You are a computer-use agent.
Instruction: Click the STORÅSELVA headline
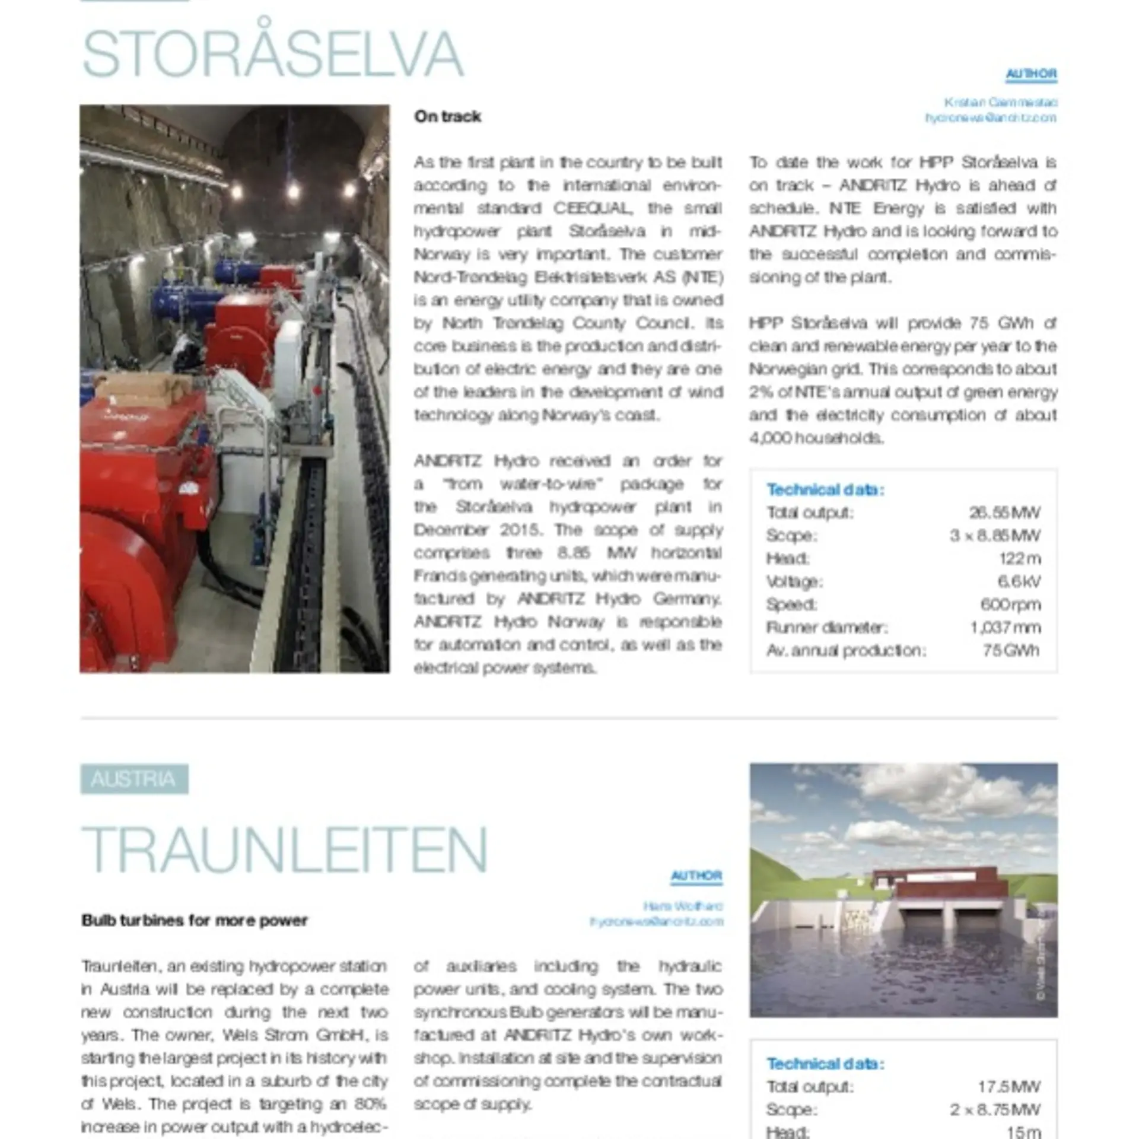click(x=272, y=54)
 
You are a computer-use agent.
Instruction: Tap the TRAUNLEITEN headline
click(x=284, y=849)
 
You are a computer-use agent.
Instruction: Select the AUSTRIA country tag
click(x=134, y=779)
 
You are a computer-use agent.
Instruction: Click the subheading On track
click(x=447, y=116)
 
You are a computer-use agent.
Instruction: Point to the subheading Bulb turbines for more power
click(x=195, y=920)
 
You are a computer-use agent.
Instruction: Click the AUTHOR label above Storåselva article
click(x=1031, y=74)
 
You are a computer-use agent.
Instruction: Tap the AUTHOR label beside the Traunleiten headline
click(x=696, y=876)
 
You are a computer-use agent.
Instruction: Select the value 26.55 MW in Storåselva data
click(x=1004, y=512)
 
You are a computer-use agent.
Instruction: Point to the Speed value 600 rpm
click(x=1010, y=605)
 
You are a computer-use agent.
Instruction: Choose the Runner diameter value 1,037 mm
click(x=1005, y=627)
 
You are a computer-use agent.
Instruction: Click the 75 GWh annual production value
click(x=1011, y=650)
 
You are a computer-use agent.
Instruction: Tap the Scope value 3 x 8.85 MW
click(x=995, y=535)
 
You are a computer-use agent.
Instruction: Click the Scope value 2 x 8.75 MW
click(x=995, y=1109)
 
